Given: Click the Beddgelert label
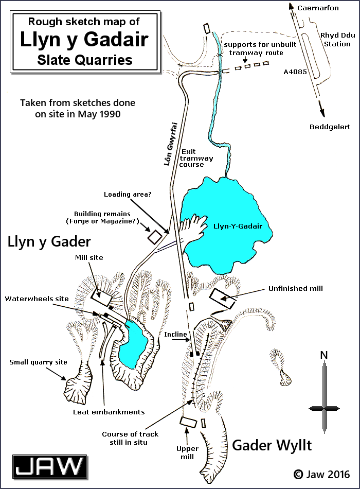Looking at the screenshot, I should [330, 127].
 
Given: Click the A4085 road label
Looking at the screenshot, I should [295, 73].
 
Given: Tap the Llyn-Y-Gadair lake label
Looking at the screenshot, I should [238, 226].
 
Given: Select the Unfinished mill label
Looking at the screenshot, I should [295, 288].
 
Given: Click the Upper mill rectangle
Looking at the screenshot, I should [189, 421].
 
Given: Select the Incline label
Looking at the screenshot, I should [175, 335].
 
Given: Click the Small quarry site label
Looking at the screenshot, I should [38, 362].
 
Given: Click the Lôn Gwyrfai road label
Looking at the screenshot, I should [166, 147].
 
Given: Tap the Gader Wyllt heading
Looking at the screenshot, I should [272, 445].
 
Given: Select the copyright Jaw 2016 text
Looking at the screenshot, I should [322, 474].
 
